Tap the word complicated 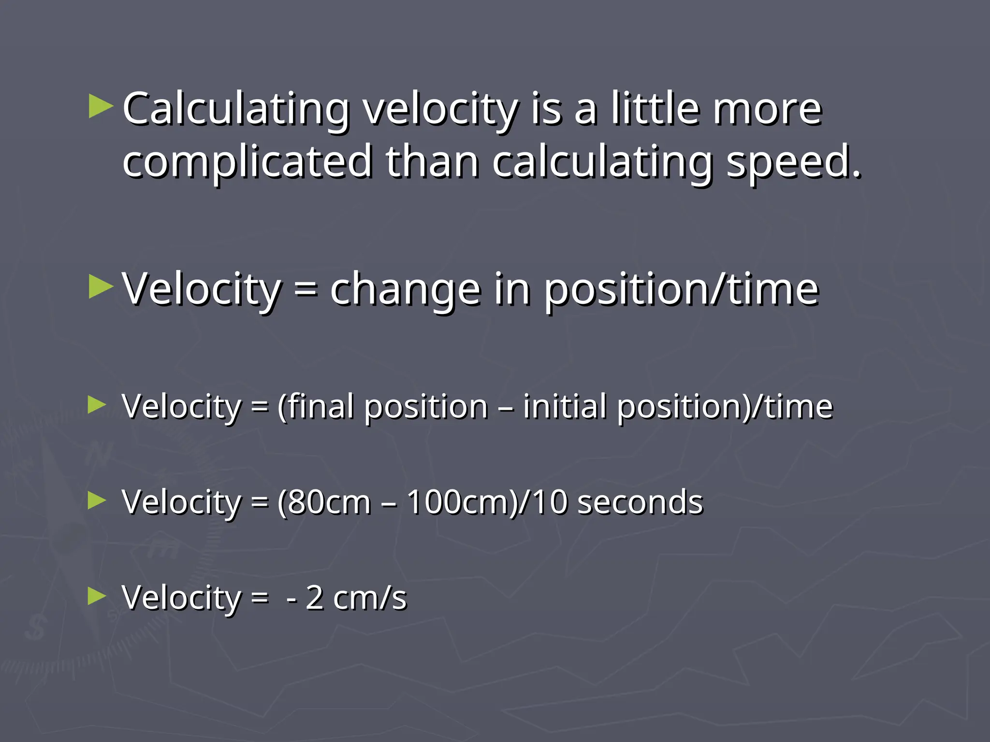[x=247, y=161]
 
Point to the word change [x=406, y=289]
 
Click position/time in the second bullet [x=682, y=289]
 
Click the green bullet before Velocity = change [x=101, y=287]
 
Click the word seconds [x=640, y=502]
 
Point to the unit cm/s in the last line [x=370, y=598]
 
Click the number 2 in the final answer [x=315, y=598]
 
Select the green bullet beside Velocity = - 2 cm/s [x=97, y=597]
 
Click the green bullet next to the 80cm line [x=97, y=501]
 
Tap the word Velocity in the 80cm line [x=182, y=503]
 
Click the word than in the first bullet [x=432, y=161]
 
